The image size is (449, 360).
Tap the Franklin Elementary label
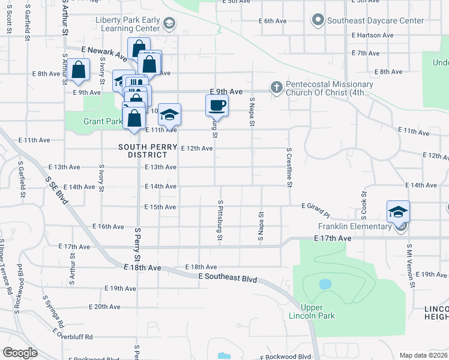click(354, 226)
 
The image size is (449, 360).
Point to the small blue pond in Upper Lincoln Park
click(325, 284)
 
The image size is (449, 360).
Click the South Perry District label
click(148, 151)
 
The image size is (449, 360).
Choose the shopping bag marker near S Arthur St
click(79, 70)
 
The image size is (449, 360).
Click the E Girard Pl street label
click(316, 208)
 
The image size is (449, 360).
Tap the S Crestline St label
click(289, 167)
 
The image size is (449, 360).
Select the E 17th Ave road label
click(331, 238)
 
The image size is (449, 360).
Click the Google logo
click(20, 353)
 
